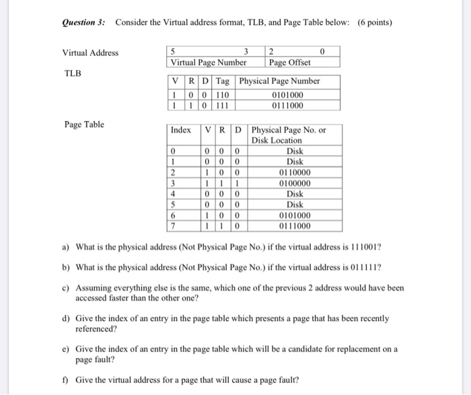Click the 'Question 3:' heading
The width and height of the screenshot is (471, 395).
[84, 22]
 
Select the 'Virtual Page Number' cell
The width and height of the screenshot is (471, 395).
[208, 63]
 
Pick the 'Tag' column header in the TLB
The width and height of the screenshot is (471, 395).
[222, 81]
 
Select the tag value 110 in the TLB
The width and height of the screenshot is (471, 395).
[222, 95]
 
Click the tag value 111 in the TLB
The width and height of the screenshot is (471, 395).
[222, 105]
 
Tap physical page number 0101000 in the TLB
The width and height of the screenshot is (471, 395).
[287, 95]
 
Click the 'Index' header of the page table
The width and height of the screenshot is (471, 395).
[180, 130]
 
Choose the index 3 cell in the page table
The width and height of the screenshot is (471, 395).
[173, 184]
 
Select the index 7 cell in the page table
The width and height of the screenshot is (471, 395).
[173, 226]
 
